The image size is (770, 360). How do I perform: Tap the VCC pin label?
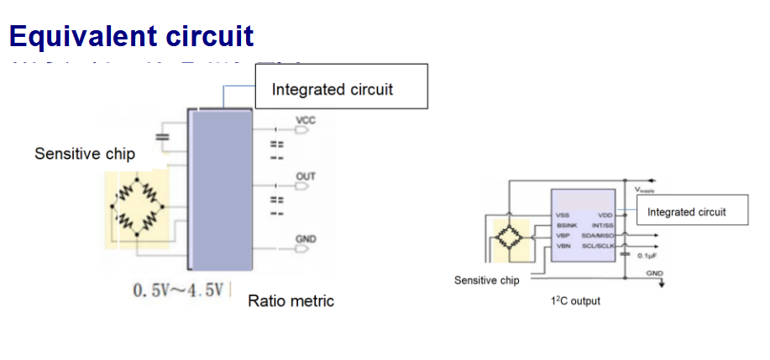tap(306, 121)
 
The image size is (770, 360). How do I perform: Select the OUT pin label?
tap(306, 177)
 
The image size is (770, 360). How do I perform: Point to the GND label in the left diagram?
tap(306, 239)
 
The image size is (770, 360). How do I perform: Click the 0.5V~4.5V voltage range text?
tap(179, 290)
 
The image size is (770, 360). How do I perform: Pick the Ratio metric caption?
tap(291, 300)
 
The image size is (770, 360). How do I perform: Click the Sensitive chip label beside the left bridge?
tap(85, 154)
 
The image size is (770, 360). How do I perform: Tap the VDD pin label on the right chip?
tap(605, 216)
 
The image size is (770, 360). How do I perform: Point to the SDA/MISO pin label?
tap(600, 236)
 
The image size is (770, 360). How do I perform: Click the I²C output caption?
tap(575, 300)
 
